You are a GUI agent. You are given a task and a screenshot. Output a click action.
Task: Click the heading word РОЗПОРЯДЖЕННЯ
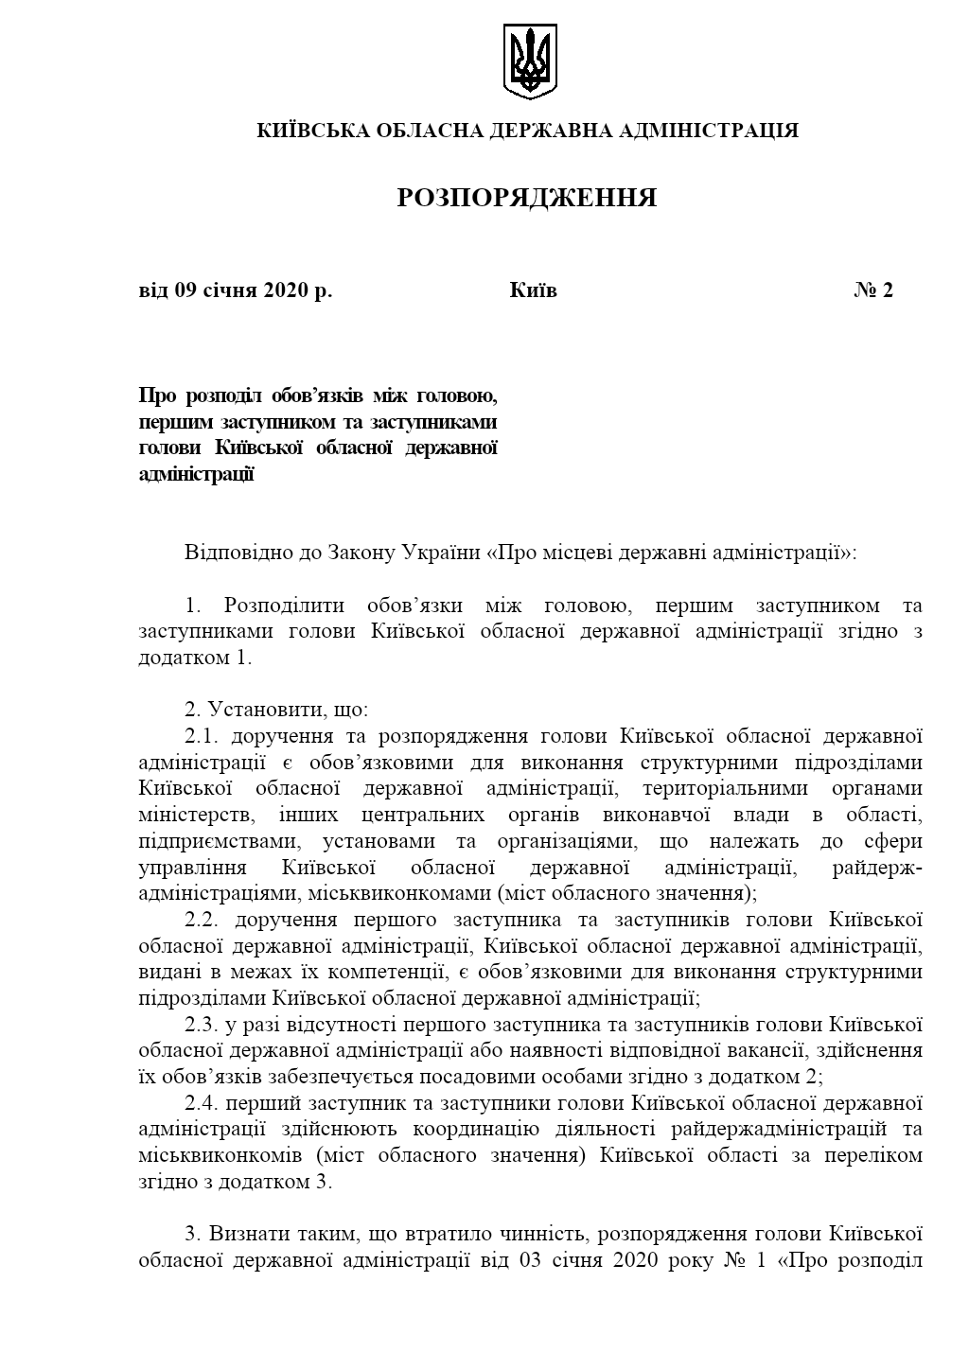[x=527, y=198]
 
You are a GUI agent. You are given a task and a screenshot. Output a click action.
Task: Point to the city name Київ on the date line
[x=533, y=290]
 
